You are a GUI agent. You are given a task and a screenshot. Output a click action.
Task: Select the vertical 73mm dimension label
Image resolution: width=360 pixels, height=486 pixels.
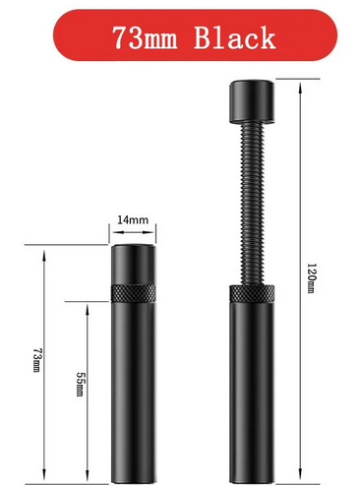[37, 362]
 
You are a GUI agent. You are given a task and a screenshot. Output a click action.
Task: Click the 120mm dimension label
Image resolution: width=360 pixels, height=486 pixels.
[310, 278]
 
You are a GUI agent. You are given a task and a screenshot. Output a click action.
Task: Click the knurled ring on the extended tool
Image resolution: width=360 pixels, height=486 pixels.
[253, 294]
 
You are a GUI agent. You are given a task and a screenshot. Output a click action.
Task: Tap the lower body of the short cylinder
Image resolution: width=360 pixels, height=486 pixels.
[133, 384]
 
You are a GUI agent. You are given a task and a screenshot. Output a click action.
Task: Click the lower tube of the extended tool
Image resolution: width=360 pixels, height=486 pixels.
[253, 384]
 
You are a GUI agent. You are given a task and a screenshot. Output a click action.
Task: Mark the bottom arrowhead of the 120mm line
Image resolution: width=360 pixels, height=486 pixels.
[302, 471]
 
